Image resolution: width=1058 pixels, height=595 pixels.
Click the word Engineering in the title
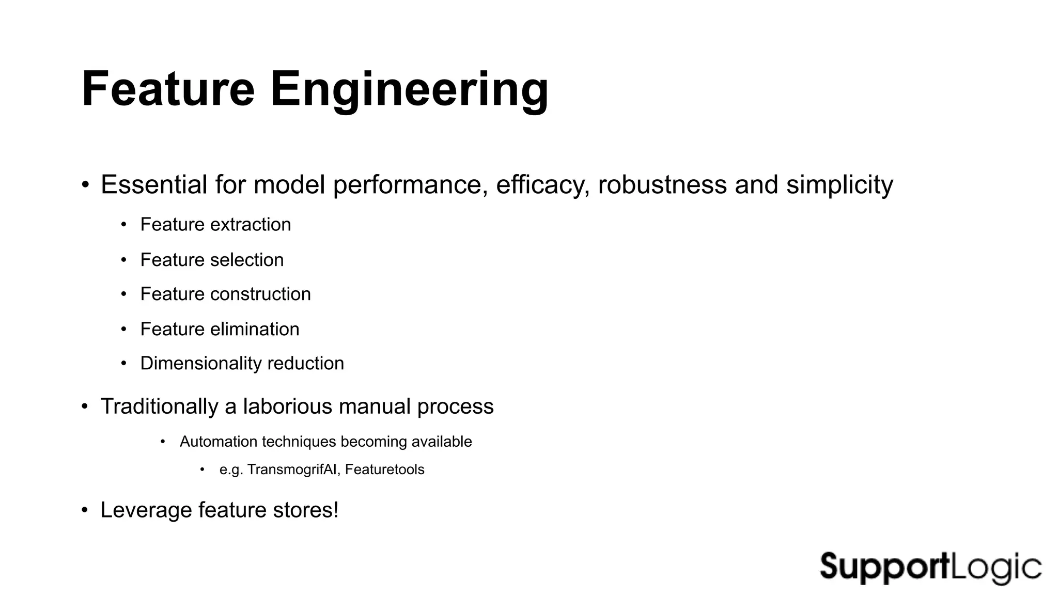tap(409, 90)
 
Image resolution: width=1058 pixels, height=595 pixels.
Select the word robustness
tap(662, 185)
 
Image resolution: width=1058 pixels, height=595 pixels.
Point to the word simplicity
tap(839, 185)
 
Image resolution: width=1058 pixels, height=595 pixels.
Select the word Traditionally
tap(159, 406)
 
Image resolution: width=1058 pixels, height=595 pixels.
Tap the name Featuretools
tap(385, 469)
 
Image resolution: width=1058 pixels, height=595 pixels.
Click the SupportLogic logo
tap(930, 567)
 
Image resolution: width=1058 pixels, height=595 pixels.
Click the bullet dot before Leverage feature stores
tap(85, 511)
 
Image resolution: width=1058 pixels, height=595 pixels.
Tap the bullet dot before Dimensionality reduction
tap(123, 364)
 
